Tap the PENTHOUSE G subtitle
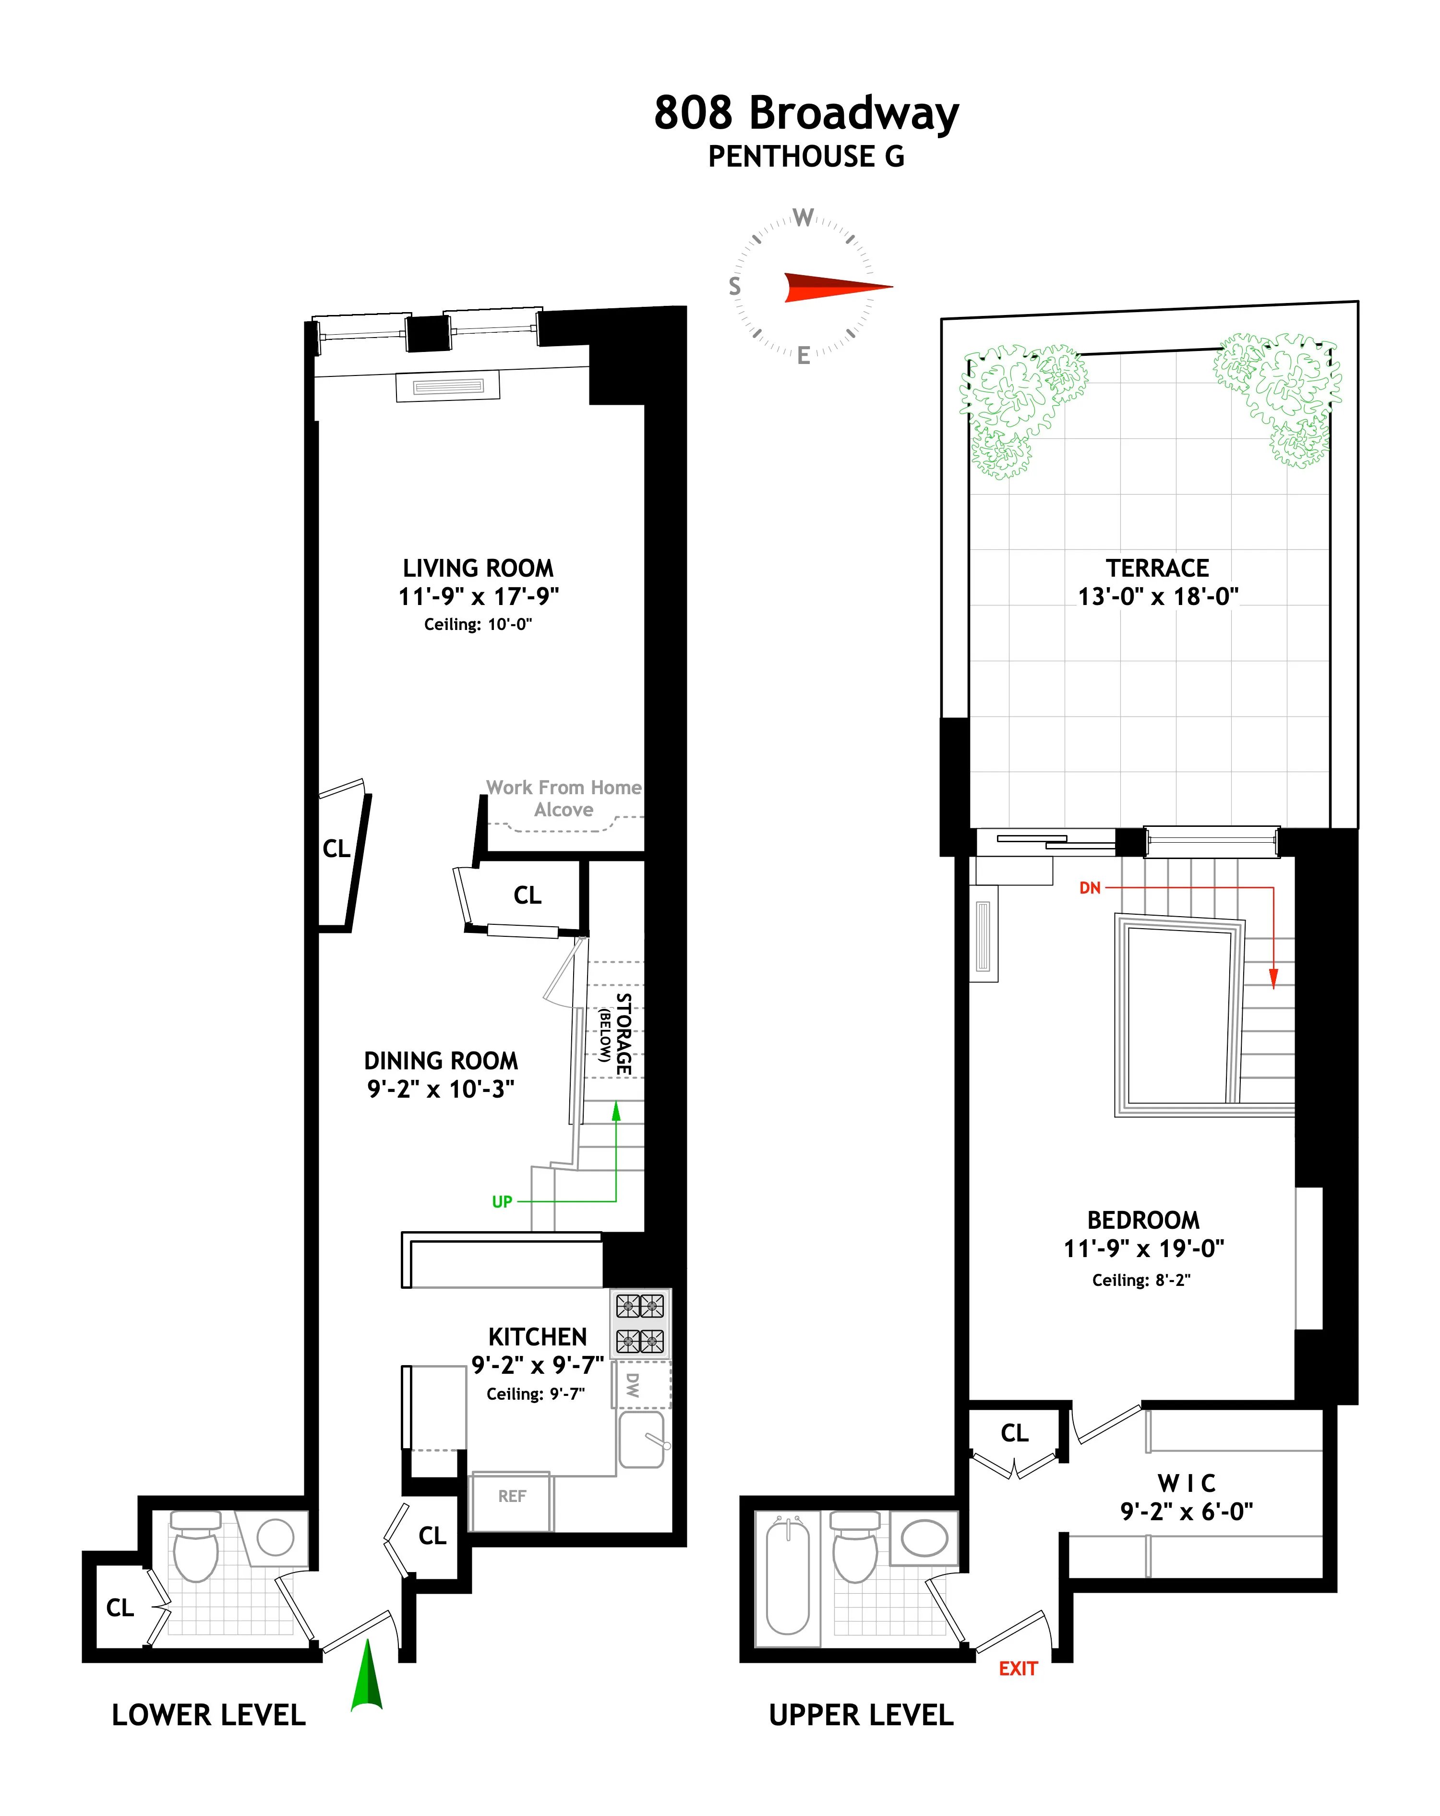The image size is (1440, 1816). (x=806, y=157)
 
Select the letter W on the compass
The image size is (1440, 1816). (x=804, y=218)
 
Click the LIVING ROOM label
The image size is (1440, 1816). (x=478, y=569)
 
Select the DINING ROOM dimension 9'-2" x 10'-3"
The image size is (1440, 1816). (x=441, y=1089)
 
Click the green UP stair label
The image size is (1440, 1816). (x=502, y=1202)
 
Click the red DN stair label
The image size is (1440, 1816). (x=1090, y=888)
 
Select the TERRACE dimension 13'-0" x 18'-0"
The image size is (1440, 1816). (x=1158, y=596)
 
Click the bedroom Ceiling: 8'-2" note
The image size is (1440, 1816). (x=1141, y=1280)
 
